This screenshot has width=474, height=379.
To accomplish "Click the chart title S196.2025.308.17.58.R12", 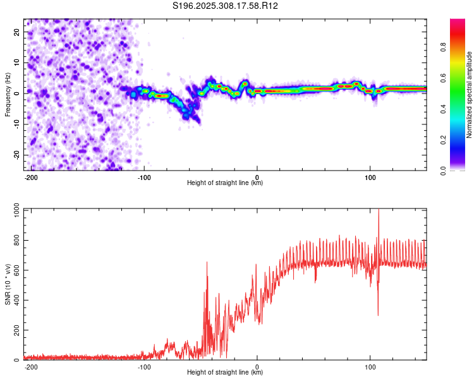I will click(x=226, y=6).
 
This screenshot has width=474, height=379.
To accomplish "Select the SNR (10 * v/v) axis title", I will click(x=8, y=284).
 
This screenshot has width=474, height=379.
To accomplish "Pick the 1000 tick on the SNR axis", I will click(x=13, y=210).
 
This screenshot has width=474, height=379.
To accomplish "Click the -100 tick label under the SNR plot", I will click(x=144, y=366).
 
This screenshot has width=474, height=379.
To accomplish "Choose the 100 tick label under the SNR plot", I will click(x=370, y=366).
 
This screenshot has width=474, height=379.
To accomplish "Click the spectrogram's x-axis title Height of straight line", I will click(x=225, y=183).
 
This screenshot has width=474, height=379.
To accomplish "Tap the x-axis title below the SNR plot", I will click(x=225, y=373).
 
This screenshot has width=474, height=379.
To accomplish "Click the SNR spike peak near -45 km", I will click(x=207, y=263).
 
